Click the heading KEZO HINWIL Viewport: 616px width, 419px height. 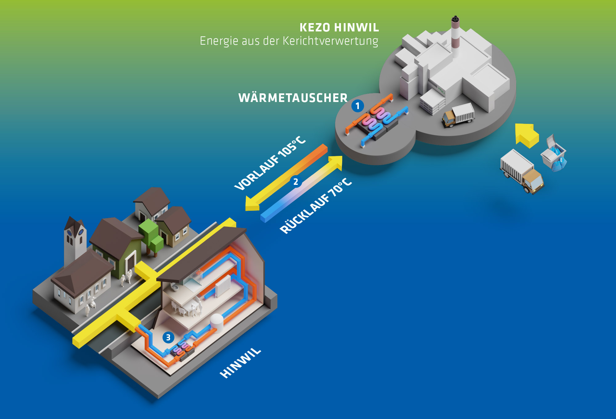tap(339, 27)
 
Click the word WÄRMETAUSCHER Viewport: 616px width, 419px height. tap(293, 98)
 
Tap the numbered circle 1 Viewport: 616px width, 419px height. tap(358, 106)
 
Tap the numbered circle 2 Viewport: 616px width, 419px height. tap(296, 182)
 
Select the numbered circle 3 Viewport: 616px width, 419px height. tap(168, 338)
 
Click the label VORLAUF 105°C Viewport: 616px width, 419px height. tap(270, 163)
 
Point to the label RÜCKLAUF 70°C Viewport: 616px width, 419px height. tap(316, 206)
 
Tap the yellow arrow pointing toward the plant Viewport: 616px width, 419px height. tap(527, 135)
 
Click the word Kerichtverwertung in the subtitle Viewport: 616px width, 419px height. tap(330, 41)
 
